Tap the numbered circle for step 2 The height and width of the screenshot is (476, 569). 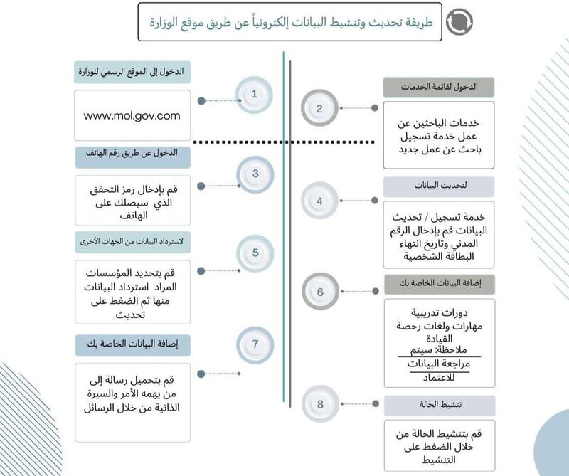[x=319, y=109]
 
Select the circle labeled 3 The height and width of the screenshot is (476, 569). [x=254, y=173]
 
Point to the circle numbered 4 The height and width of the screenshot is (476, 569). [x=319, y=201]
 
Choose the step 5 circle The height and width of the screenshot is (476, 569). [x=254, y=253]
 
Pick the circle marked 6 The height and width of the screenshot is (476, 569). [x=319, y=292]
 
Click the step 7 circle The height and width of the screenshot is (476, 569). [x=254, y=344]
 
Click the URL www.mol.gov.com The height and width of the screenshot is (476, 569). [x=132, y=115]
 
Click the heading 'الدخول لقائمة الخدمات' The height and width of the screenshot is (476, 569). [x=439, y=87]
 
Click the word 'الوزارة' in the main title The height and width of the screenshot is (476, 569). [x=170, y=23]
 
